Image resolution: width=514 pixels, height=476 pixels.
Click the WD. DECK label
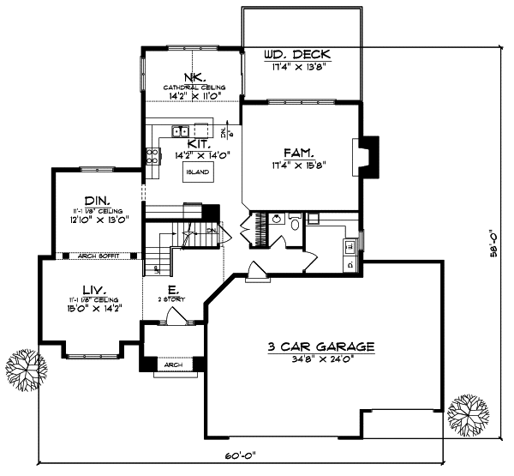[296, 56]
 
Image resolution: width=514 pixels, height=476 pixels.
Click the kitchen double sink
[180, 131]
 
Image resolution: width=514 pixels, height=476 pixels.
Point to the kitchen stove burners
[152, 156]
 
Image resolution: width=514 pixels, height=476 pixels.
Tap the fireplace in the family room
[367, 158]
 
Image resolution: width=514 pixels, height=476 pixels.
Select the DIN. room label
[96, 196]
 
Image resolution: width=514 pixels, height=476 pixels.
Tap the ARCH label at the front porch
[174, 365]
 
